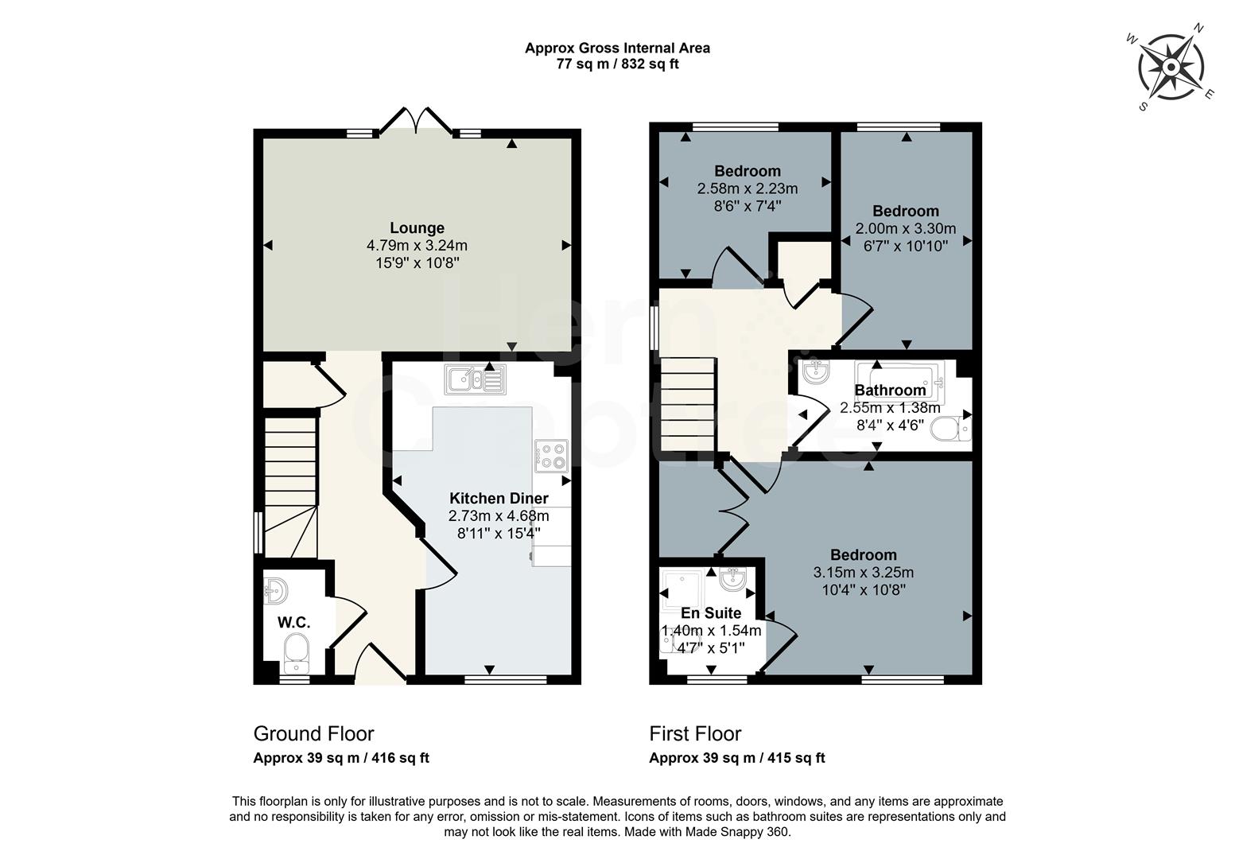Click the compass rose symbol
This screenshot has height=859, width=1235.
[x=1171, y=68]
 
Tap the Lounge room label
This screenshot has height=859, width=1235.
[x=417, y=228]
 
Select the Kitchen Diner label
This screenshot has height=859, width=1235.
[x=499, y=499]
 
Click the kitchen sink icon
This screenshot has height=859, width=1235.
[x=475, y=379]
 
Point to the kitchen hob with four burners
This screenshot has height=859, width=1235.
[x=552, y=456]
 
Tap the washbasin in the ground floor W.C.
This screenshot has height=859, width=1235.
[x=276, y=590]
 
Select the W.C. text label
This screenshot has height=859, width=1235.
[x=293, y=622]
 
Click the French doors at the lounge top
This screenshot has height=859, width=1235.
[x=416, y=121]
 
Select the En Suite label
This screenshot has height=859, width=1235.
[x=711, y=613]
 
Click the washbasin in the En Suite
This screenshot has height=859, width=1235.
[x=732, y=579]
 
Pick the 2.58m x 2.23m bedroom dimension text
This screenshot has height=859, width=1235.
[x=747, y=189]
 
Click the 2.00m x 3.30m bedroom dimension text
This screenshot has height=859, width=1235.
[x=905, y=228]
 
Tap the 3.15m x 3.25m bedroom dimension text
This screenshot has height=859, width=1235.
[x=863, y=572]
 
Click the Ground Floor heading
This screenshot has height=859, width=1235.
[x=313, y=733]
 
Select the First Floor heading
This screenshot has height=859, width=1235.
[x=695, y=733]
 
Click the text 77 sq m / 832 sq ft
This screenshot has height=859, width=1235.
[x=617, y=64]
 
